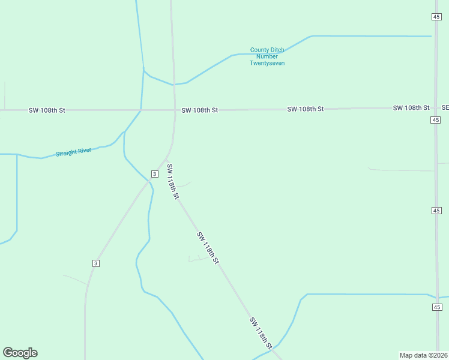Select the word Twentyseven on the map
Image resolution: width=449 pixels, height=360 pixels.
(267, 63)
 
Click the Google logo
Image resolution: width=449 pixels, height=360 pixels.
(20, 353)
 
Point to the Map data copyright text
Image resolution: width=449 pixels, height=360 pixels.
(423, 355)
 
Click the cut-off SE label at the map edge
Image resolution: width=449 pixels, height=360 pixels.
(445, 108)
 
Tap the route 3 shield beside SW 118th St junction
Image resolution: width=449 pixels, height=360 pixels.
(154, 174)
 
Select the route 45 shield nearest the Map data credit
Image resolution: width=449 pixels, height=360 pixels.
(436, 307)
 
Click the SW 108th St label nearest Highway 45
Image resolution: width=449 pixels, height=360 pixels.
(411, 108)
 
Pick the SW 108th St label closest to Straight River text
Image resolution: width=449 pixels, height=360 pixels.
(47, 110)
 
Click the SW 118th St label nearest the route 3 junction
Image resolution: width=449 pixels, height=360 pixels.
(173, 181)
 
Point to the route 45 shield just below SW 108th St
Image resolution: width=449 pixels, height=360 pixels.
(436, 120)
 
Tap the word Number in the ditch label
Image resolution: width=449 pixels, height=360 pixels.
(267, 56)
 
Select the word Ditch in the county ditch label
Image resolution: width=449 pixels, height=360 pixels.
(277, 50)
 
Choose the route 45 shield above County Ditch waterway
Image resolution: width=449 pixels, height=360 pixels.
(436, 17)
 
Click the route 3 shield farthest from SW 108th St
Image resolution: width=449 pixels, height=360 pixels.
(95, 263)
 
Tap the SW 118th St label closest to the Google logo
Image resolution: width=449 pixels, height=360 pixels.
(262, 334)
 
